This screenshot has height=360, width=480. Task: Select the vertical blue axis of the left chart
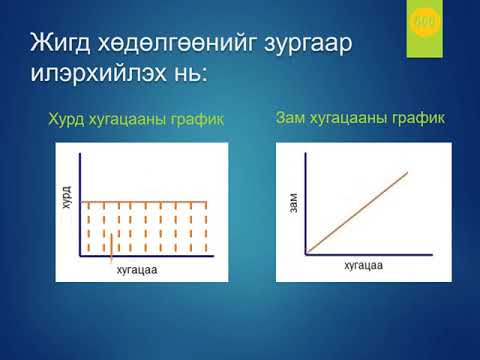click(79, 200)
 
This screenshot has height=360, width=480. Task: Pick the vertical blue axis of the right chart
click(307, 200)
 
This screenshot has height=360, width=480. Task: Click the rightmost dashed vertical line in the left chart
click(206, 228)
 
